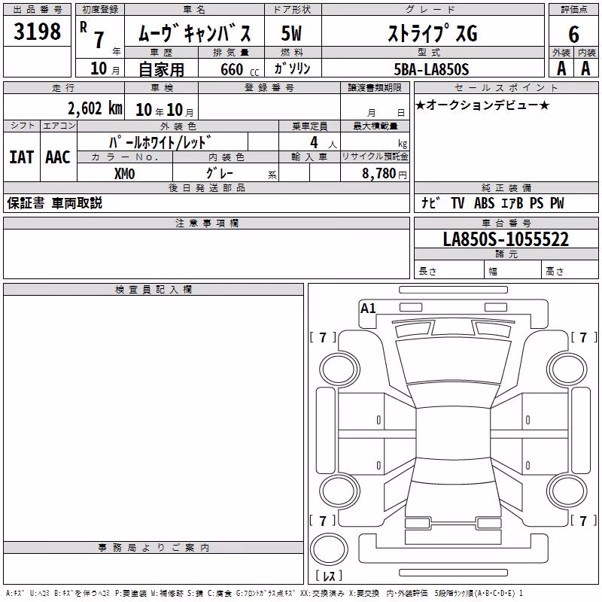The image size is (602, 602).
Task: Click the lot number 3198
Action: (37, 31)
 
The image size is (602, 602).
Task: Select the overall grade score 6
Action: (573, 35)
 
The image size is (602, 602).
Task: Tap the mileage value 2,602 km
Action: (95, 108)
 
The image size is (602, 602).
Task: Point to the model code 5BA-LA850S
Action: (431, 69)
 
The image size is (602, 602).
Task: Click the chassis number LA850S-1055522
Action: (506, 239)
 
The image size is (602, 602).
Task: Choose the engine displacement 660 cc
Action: (239, 69)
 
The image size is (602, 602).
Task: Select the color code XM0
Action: (124, 174)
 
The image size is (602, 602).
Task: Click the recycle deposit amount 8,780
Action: (379, 173)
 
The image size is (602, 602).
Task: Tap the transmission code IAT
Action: (22, 157)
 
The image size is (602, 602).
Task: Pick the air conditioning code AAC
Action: (58, 157)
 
